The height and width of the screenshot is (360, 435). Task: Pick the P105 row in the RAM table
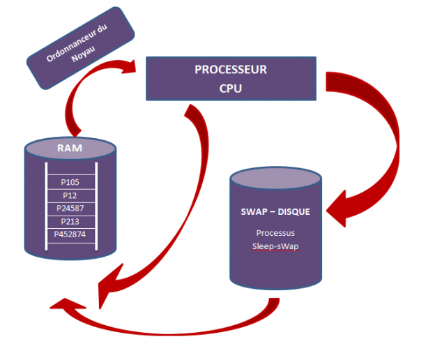(x=69, y=183)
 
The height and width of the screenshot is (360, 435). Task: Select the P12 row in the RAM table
(x=69, y=195)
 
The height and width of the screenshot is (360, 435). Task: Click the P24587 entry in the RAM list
(x=69, y=208)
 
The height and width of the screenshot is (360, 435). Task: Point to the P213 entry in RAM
(x=69, y=221)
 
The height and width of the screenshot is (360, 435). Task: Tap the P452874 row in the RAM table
(x=69, y=234)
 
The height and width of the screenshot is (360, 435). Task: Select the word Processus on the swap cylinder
(x=277, y=232)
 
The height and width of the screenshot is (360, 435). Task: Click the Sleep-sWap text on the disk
(x=277, y=246)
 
